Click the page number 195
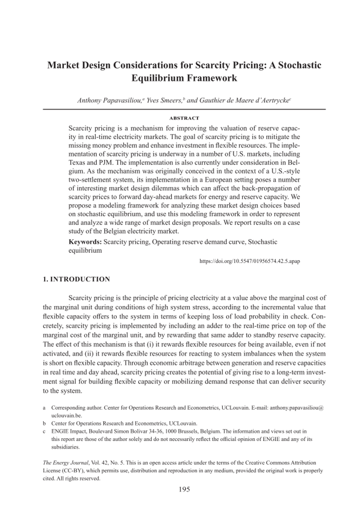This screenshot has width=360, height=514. click(x=184, y=489)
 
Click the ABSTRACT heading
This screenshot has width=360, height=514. click(x=184, y=118)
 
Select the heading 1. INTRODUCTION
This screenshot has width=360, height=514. click(x=76, y=279)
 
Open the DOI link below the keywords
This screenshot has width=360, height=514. click(x=249, y=261)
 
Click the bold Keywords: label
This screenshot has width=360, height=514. click(x=85, y=242)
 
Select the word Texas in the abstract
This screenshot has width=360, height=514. click(x=77, y=163)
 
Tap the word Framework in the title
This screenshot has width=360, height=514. click(x=212, y=78)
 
